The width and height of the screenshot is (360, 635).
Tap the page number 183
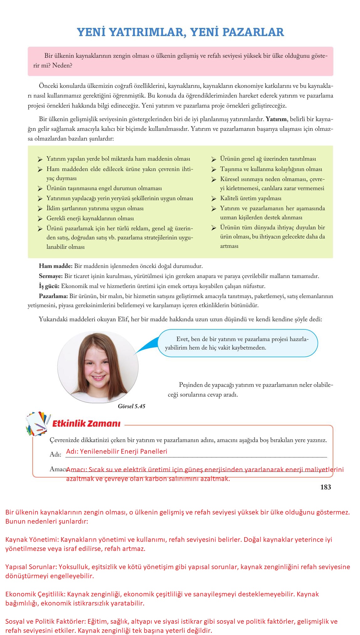click(x=326, y=487)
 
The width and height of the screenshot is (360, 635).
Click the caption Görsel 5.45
click(x=132, y=406)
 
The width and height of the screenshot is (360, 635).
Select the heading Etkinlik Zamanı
click(x=86, y=424)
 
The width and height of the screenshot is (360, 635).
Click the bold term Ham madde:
click(x=56, y=266)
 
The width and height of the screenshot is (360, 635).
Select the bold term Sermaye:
click(x=51, y=276)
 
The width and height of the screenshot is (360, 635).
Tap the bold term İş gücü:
click(x=49, y=286)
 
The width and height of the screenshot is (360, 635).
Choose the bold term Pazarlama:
click(x=53, y=296)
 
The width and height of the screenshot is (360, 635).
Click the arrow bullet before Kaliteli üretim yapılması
click(x=214, y=199)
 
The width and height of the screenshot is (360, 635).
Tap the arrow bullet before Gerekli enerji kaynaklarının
click(x=40, y=219)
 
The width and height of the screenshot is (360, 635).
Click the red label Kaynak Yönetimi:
click(x=32, y=539)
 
